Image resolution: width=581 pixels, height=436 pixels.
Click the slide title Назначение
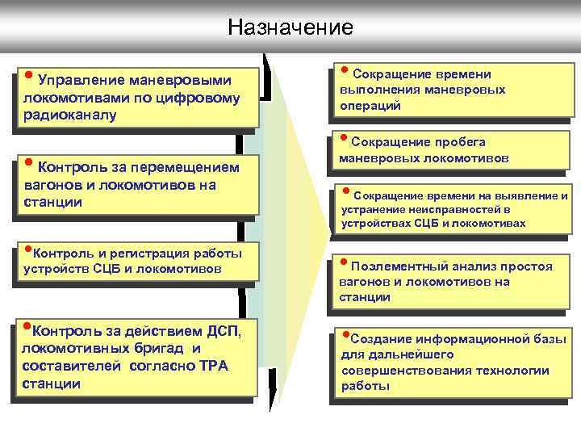pyautogui.click(x=290, y=27)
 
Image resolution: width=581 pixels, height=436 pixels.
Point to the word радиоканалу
pyautogui.click(x=71, y=115)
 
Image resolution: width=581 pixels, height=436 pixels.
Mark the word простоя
pyautogui.click(x=528, y=266)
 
